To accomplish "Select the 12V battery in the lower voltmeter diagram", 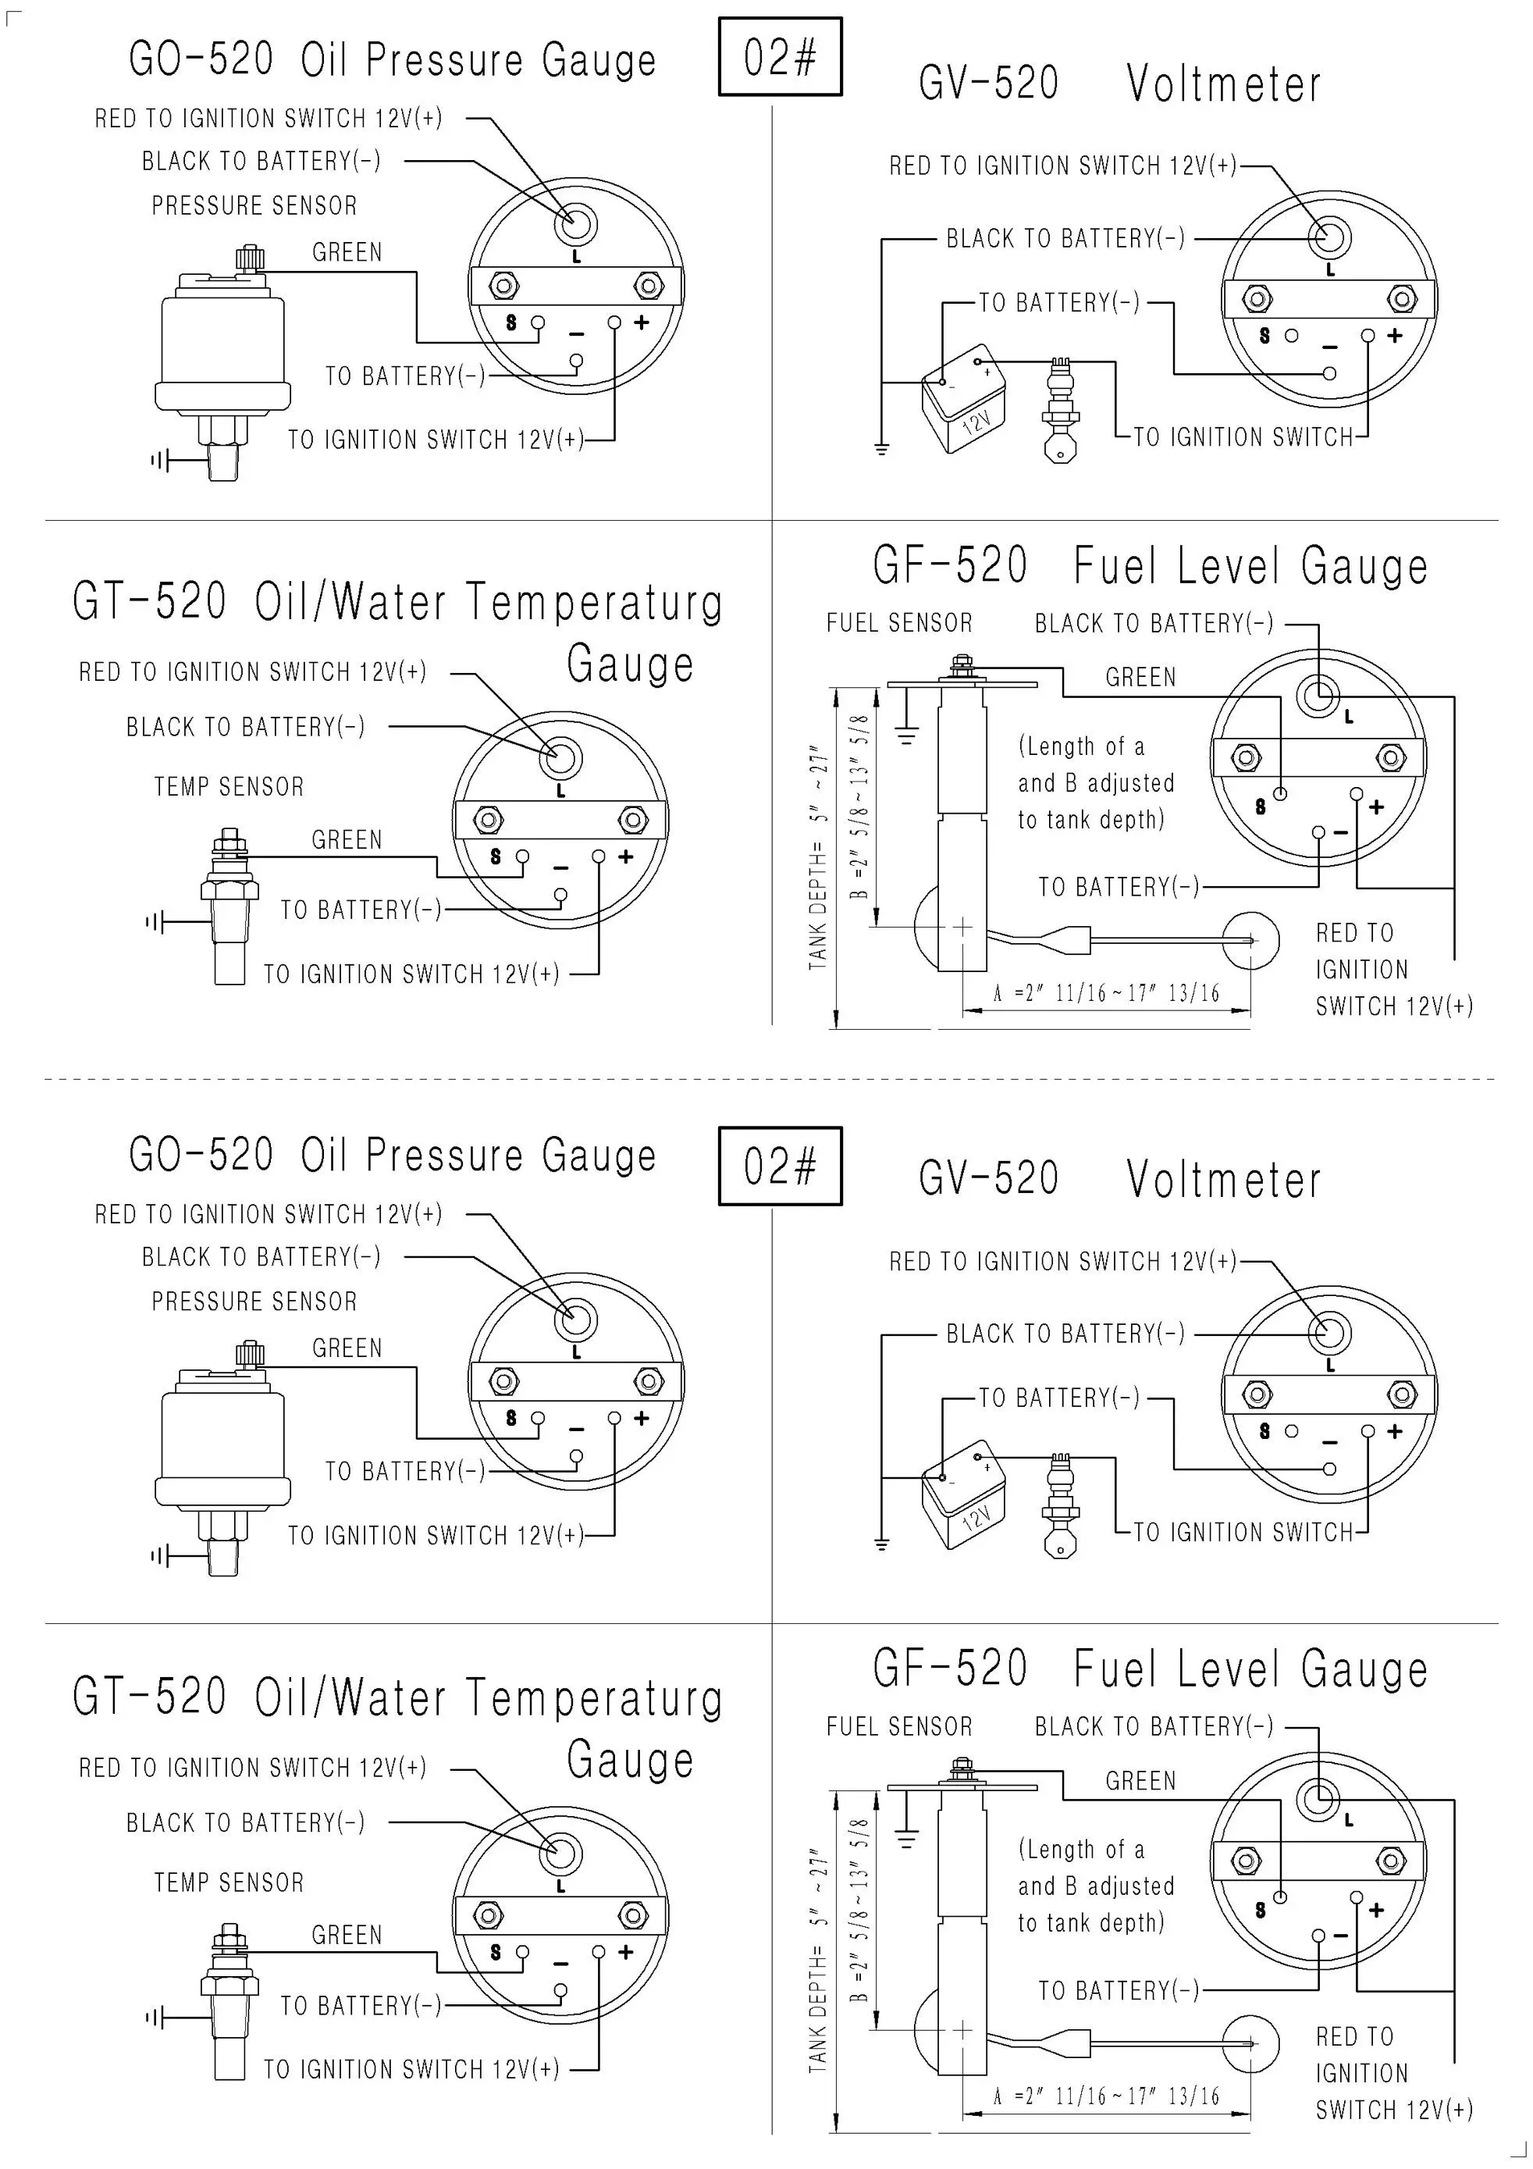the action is pyautogui.click(x=962, y=1501).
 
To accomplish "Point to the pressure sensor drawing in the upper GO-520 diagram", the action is pyautogui.click(x=221, y=350).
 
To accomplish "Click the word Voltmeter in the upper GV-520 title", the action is pyautogui.click(x=1223, y=84).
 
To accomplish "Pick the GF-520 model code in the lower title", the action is pyautogui.click(x=949, y=1668).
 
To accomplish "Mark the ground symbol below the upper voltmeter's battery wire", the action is pyautogui.click(x=881, y=448).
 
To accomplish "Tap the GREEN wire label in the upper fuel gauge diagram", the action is pyautogui.click(x=1140, y=678).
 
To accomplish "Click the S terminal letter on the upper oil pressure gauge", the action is pyautogui.click(x=511, y=323).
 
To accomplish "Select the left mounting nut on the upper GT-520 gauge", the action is pyautogui.click(x=487, y=818).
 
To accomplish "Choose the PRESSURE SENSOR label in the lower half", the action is pyautogui.click(x=254, y=1301).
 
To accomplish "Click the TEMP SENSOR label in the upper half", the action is pyautogui.click(x=229, y=786).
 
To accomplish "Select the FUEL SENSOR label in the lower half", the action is pyautogui.click(x=898, y=1726).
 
